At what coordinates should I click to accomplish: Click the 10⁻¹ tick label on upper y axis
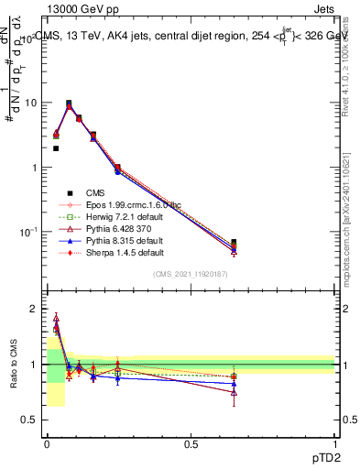point(27,233)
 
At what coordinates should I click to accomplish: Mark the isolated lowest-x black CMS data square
point(56,148)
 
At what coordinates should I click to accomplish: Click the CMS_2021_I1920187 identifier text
point(191,275)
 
